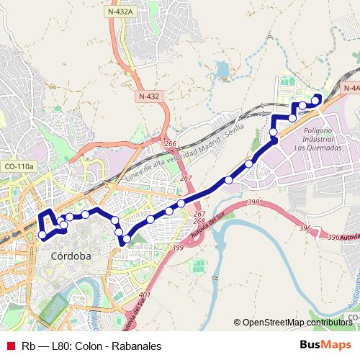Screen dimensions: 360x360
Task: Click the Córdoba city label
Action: tap(71, 256)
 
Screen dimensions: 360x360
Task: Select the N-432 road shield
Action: tap(150, 95)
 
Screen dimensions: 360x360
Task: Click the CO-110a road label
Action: tap(19, 166)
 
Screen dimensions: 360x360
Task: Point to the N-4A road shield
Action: tap(351, 87)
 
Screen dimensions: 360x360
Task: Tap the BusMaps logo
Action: tap(327, 344)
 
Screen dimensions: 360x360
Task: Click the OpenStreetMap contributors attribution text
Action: tap(297, 323)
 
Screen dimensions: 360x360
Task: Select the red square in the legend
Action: tap(10, 345)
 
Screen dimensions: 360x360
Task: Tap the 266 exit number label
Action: tap(170, 145)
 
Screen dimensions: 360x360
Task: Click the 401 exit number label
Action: tap(145, 296)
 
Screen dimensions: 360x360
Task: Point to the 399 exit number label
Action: tap(178, 247)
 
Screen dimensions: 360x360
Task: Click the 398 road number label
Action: tap(252, 204)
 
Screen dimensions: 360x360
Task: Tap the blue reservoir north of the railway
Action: tap(221, 70)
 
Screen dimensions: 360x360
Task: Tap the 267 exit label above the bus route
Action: tap(186, 179)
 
